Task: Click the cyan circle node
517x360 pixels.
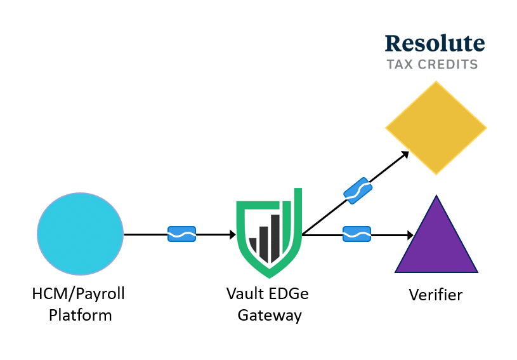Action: [x=80, y=234]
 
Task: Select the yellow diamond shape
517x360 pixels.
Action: [x=436, y=128]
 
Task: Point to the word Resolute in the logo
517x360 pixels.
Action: [x=435, y=43]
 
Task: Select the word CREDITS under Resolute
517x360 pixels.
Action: [x=448, y=64]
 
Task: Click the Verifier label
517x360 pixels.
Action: [x=436, y=295]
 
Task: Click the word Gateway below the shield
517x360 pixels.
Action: [x=270, y=315]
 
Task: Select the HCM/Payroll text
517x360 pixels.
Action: [x=78, y=294]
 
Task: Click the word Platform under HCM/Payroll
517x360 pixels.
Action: [x=80, y=315]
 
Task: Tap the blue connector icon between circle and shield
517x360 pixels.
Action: [x=181, y=234]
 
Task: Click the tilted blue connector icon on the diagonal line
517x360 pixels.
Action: [x=358, y=190]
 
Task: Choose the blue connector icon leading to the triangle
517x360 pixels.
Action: [x=357, y=234]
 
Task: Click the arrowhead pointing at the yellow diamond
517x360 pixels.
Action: [x=405, y=154]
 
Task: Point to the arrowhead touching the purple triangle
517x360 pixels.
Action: [x=410, y=235]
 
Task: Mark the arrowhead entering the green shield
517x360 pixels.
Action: [x=233, y=235]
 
